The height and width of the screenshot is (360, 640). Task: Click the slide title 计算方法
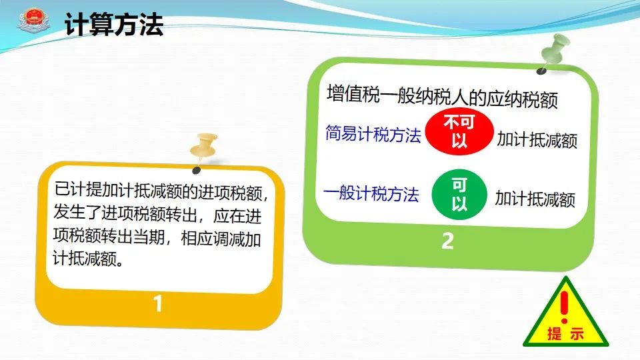114,25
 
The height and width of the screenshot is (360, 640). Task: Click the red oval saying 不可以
459,131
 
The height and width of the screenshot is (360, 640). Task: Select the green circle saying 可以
459,194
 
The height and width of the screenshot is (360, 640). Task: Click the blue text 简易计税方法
373,133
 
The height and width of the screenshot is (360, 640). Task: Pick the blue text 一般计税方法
371,193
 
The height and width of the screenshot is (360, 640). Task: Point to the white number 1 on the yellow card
157,304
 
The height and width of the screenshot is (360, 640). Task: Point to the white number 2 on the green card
448,241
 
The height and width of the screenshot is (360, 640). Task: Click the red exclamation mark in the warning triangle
565,307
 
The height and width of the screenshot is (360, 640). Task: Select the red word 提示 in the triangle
566,334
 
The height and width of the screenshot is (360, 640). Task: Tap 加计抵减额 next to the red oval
537,139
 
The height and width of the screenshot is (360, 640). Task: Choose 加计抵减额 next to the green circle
535,199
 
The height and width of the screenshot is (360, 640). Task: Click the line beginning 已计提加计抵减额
161,191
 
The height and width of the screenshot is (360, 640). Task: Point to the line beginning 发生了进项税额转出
157,214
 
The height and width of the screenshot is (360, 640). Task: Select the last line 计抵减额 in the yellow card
88,258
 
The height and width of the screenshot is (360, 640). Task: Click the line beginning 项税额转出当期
157,237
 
